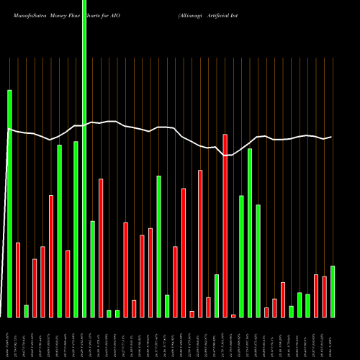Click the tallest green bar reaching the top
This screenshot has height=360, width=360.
84,158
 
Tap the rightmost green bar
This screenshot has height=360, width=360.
333,291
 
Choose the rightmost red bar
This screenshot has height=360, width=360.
324,296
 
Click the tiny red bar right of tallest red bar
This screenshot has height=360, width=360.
233,315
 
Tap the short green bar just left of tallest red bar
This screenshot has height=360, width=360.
217,295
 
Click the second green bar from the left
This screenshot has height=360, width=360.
27,310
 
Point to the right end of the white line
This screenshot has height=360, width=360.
332,137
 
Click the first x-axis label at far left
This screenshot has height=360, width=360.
8,338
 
